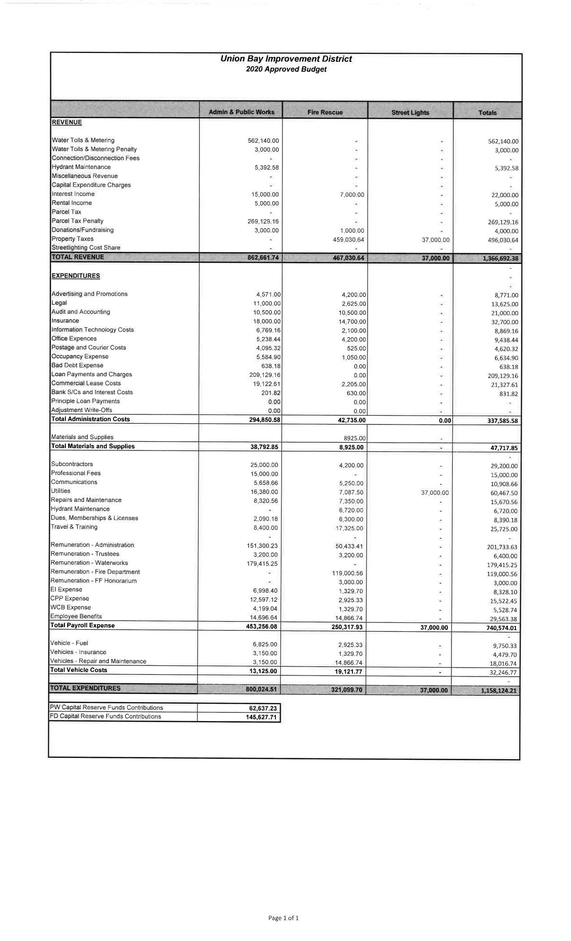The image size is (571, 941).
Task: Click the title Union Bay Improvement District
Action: [x=286, y=59]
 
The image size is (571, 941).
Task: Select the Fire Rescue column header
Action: [x=325, y=112]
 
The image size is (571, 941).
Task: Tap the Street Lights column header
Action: [x=410, y=112]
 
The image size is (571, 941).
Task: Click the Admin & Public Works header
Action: [x=241, y=112]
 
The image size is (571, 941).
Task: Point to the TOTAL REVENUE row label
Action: [x=78, y=257]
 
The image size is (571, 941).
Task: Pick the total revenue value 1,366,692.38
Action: [x=498, y=259]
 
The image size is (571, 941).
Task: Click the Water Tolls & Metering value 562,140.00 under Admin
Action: [x=263, y=141]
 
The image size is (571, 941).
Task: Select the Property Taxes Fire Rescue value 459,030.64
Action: [x=348, y=240]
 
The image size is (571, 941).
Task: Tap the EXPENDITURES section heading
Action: [x=76, y=276]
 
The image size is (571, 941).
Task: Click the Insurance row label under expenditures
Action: [x=65, y=321]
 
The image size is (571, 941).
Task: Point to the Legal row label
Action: [x=59, y=303]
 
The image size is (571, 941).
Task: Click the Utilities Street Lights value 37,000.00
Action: [x=435, y=493]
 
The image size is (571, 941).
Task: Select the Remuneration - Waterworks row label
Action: [x=89, y=563]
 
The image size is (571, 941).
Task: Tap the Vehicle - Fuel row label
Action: [x=69, y=643]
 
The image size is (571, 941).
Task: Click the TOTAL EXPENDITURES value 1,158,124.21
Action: [x=498, y=691]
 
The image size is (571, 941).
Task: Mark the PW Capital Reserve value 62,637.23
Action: [x=262, y=708]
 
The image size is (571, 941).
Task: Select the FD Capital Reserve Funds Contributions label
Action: [x=106, y=717]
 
